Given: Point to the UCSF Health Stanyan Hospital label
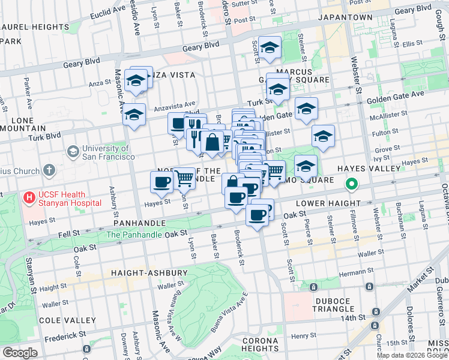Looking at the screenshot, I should pyautogui.click(x=69, y=199).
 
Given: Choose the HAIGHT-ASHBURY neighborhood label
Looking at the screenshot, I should pyautogui.click(x=149, y=273).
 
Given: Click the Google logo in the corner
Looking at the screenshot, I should pyautogui.click(x=20, y=353).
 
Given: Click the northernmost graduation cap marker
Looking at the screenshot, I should pyautogui.click(x=270, y=48).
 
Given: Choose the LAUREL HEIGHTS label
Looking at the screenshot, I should pyautogui.click(x=35, y=27).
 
